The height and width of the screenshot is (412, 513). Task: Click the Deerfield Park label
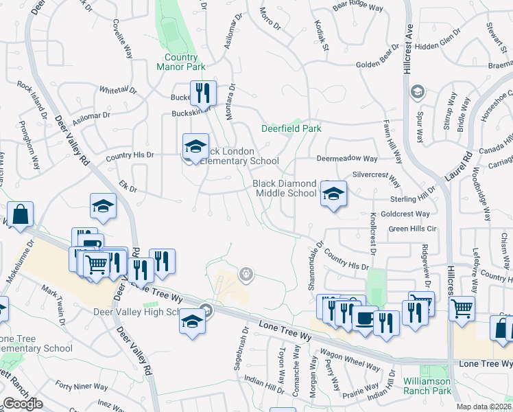click(291, 128)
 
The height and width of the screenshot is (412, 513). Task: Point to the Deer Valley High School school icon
click(193, 319)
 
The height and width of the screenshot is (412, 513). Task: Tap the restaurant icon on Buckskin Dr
click(203, 93)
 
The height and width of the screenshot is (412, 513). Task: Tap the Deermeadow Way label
click(347, 159)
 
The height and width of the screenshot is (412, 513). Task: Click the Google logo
click(23, 404)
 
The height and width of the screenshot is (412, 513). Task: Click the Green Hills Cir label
click(412, 229)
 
